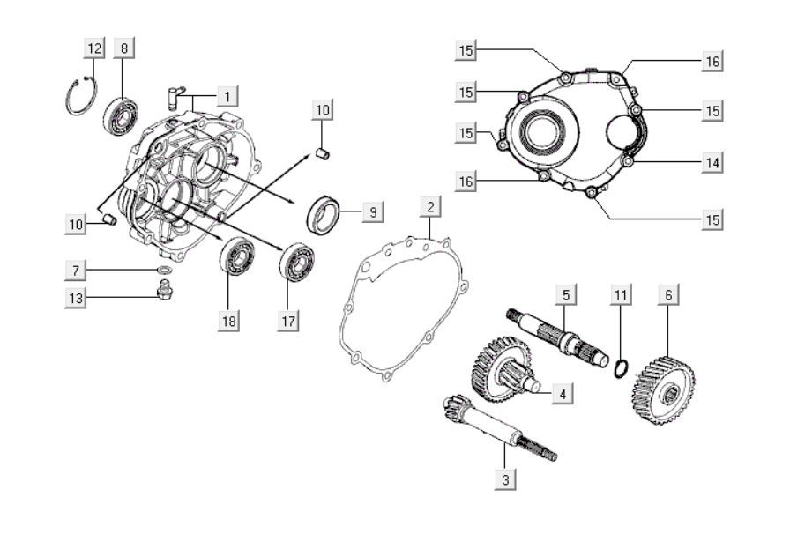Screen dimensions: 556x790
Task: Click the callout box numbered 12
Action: click(95, 48)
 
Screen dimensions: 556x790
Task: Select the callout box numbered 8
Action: click(124, 48)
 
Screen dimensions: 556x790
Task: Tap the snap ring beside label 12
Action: click(80, 96)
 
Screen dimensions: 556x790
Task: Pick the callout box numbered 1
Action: click(227, 94)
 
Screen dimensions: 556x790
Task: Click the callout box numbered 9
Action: click(372, 211)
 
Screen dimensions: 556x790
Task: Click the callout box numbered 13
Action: click(76, 299)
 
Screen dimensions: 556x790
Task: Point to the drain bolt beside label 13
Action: click(164, 293)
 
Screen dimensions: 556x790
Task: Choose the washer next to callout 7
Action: click(165, 269)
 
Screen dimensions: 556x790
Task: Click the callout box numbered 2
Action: click(429, 207)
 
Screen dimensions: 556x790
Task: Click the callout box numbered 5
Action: click(566, 294)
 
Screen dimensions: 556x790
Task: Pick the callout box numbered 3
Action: click(504, 479)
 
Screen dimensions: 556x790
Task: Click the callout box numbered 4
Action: click(562, 393)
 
